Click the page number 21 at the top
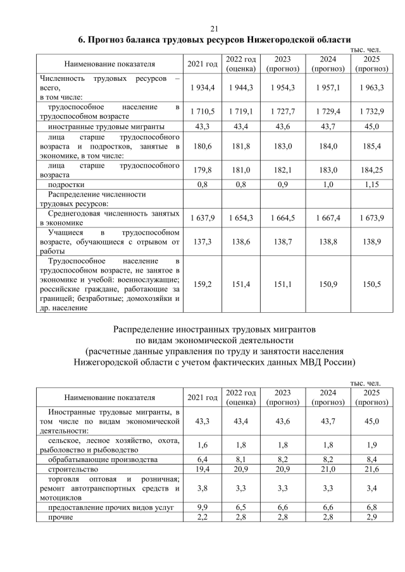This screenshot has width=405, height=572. pyautogui.click(x=213, y=28)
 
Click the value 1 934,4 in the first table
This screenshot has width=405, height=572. pyautogui.click(x=202, y=86)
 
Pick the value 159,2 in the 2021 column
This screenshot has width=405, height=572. pyautogui.click(x=202, y=284)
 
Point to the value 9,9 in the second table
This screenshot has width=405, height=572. pyautogui.click(x=202, y=508)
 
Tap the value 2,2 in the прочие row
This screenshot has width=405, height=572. pyautogui.click(x=202, y=518)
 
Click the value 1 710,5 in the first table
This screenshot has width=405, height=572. pyautogui.click(x=202, y=111)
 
